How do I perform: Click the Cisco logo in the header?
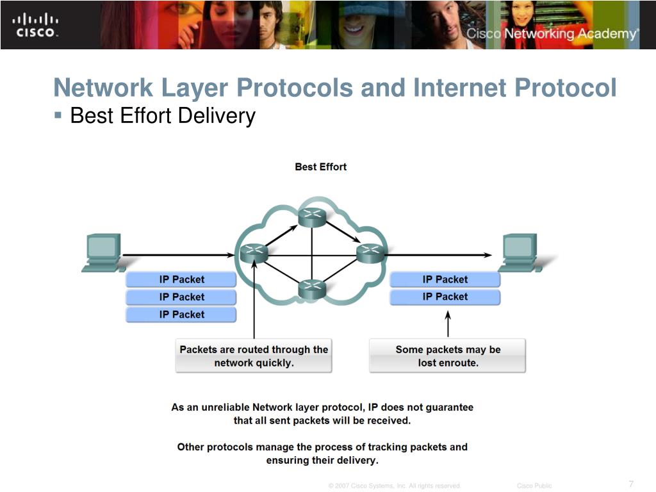coord(36,24)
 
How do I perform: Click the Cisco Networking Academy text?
coord(552,34)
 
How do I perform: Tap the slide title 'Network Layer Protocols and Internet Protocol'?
coord(334,88)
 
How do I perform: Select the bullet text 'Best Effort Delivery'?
coord(163,116)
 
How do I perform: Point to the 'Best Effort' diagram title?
coord(320,167)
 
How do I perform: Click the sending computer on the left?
coord(102,253)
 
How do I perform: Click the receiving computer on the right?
coord(523,253)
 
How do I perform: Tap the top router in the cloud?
coord(312,217)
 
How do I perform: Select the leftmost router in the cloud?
coord(254,253)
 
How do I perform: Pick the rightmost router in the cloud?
coord(370,253)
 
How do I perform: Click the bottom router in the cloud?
coord(312,290)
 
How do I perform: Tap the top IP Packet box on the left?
coord(181,279)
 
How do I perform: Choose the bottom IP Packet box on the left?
coord(181,315)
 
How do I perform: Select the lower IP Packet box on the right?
coord(445,297)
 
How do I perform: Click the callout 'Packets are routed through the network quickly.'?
coord(254,356)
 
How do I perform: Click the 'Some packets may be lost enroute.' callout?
coord(447,356)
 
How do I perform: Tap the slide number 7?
coord(631,484)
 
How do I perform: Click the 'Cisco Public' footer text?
coord(534,486)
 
